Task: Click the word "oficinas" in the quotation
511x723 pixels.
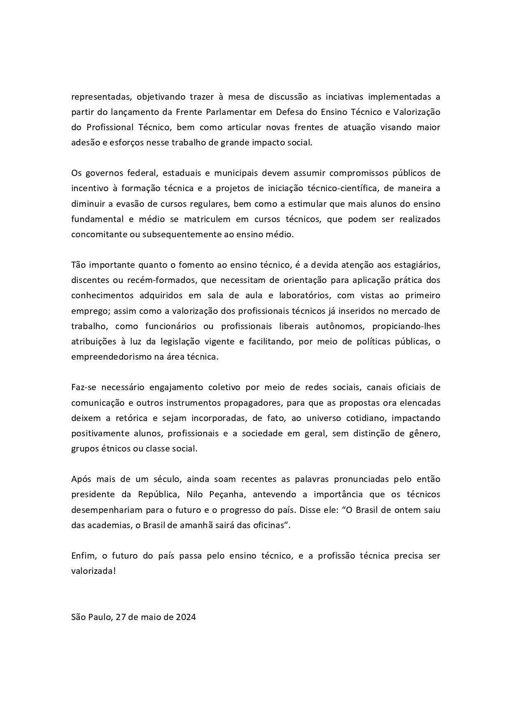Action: coord(270,525)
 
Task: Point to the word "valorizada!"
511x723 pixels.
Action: coord(93,571)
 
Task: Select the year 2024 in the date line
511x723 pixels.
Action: coord(185,617)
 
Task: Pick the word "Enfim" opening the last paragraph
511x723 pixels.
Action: coord(84,556)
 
